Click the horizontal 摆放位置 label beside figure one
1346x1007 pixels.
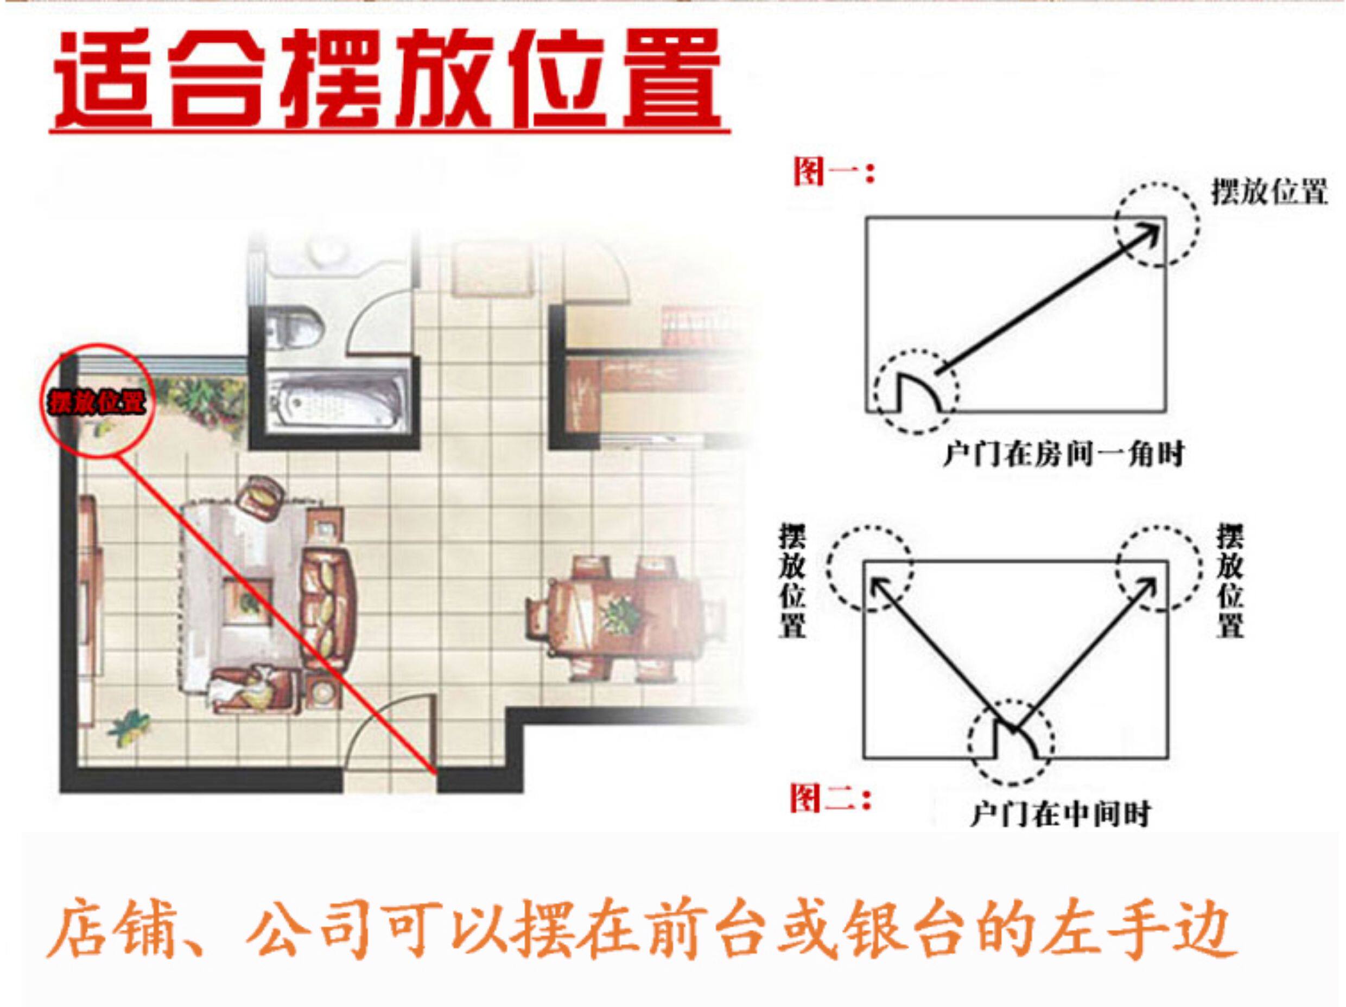(1269, 192)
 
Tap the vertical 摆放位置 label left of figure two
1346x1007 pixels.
(793, 581)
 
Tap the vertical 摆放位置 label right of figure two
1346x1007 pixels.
(1230, 581)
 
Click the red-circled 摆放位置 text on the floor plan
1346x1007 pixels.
(97, 402)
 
